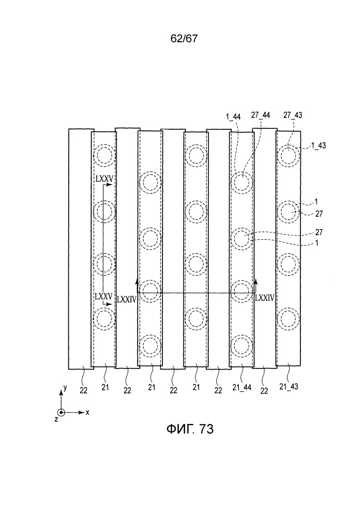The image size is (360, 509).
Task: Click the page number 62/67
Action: [x=184, y=39]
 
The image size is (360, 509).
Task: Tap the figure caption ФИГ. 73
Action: [x=190, y=429]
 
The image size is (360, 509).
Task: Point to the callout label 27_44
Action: [x=260, y=115]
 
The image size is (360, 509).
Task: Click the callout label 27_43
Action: [x=292, y=115]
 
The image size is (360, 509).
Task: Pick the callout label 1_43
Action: [x=318, y=146]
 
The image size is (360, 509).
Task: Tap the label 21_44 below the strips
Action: [x=242, y=387]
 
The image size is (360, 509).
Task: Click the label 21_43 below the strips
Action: [x=289, y=386]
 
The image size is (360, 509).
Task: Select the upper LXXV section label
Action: [x=104, y=178]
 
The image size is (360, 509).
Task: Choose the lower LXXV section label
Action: [x=103, y=296]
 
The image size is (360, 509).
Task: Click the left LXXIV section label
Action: [x=127, y=299]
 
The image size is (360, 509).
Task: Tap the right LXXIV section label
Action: [x=265, y=298]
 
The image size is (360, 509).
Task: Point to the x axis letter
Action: [x=87, y=412]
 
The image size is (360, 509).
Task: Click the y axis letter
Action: [x=65, y=387]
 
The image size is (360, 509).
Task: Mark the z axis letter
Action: [x=56, y=419]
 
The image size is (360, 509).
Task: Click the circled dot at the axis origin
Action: [x=62, y=412]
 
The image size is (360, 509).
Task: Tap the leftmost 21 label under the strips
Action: [x=105, y=387]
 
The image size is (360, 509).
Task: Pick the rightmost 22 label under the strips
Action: [x=264, y=390]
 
